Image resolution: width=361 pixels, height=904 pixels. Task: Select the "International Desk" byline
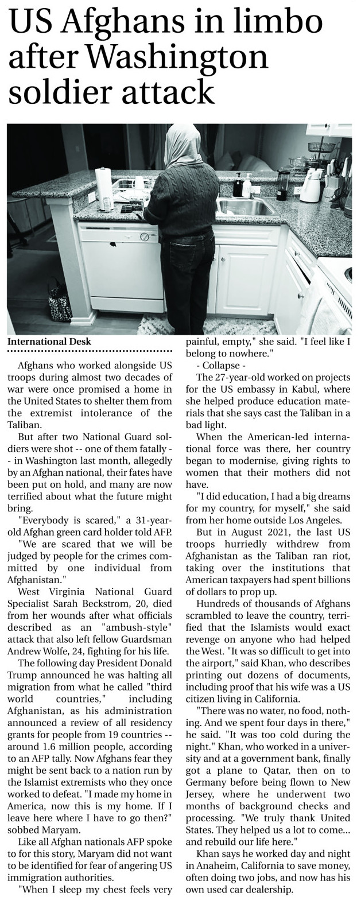tap(49, 342)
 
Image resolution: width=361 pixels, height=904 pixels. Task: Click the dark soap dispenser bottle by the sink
tap(236, 185)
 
